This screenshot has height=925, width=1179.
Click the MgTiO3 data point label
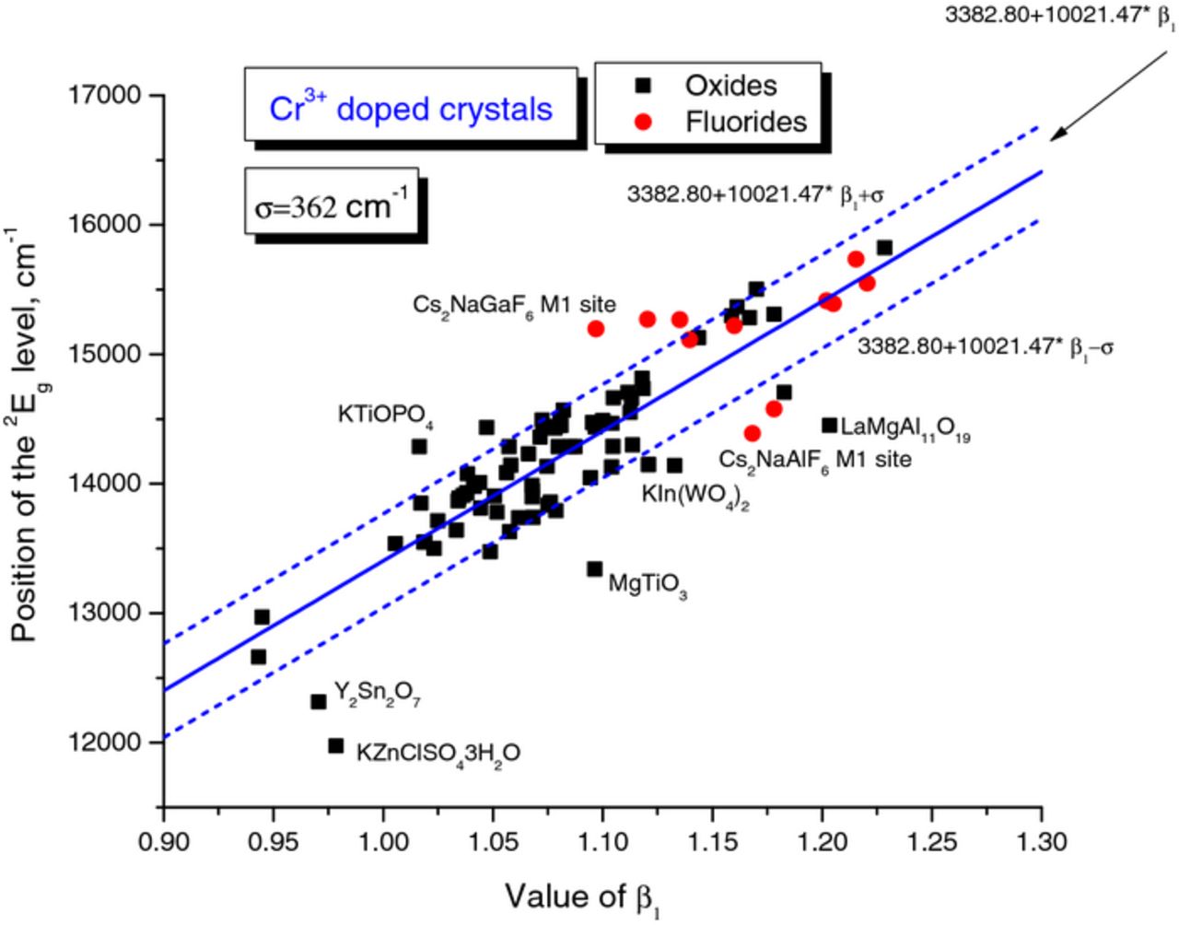click(648, 585)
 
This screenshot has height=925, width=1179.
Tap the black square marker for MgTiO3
click(595, 569)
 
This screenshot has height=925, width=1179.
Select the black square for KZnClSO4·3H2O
click(336, 745)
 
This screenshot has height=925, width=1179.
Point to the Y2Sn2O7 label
click(377, 694)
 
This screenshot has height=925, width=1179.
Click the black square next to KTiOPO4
click(419, 447)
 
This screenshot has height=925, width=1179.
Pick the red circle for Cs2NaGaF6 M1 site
click(596, 329)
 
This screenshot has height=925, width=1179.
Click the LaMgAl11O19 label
click(905, 429)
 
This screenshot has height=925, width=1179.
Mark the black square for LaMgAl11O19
click(829, 426)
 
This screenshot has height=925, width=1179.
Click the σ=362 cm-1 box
click(332, 205)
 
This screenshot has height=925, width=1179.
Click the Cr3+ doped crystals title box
click(411, 109)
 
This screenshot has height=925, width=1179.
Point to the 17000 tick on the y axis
click(109, 96)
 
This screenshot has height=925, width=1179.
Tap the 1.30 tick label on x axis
click(1041, 842)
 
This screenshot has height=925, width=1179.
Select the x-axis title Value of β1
click(582, 896)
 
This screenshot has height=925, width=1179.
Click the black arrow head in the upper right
click(1059, 134)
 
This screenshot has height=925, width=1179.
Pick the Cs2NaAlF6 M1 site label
click(815, 459)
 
